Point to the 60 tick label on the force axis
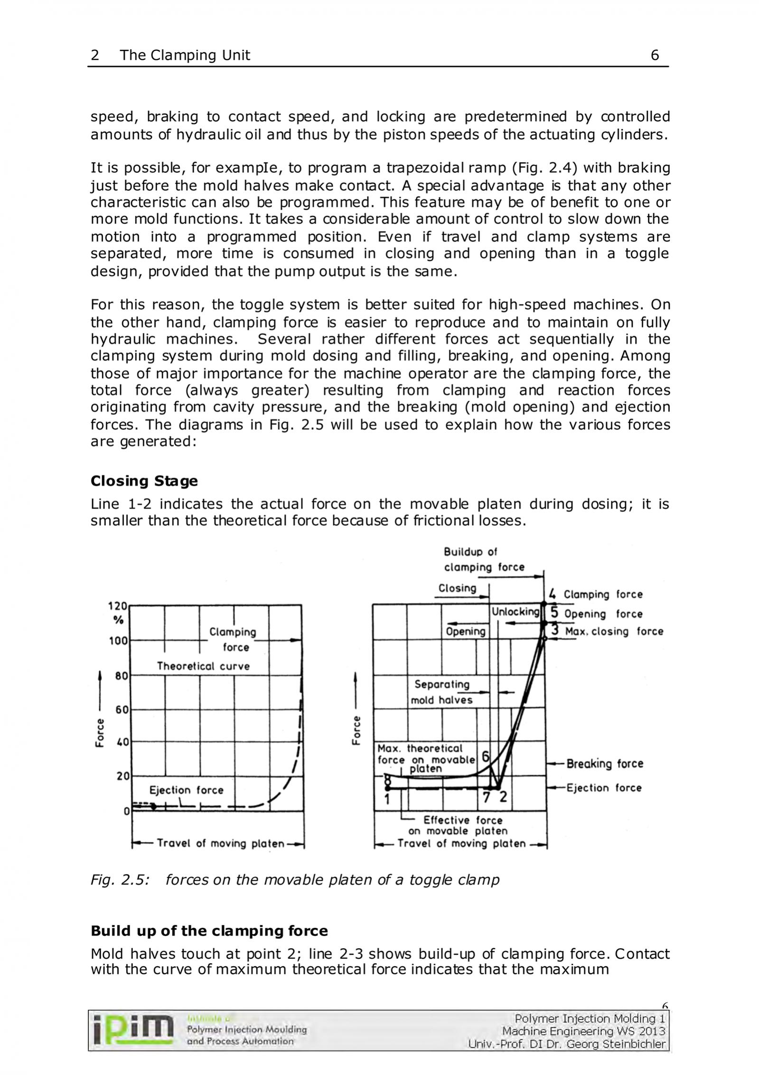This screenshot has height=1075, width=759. click(122, 710)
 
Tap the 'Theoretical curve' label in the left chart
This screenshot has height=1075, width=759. click(203, 666)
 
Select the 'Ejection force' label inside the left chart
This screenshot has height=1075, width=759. click(186, 790)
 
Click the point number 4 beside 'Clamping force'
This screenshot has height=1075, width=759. click(552, 594)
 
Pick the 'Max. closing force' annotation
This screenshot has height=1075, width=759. click(614, 632)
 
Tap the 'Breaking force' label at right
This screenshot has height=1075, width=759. click(605, 764)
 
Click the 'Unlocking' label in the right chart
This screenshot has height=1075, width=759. click(515, 612)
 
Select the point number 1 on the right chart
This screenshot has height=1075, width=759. click(387, 799)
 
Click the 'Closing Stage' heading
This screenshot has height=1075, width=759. click(144, 481)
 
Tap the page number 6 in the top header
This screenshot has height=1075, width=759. click(655, 56)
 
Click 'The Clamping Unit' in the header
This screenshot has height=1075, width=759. click(185, 56)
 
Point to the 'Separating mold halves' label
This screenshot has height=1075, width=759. click(442, 692)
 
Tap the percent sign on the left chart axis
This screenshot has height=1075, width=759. click(118, 620)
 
